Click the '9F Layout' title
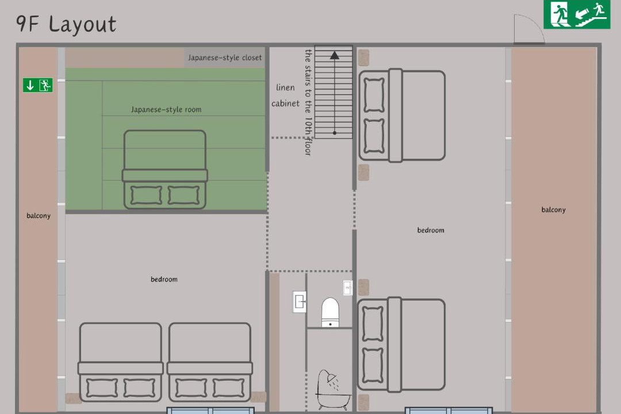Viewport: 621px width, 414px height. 66,24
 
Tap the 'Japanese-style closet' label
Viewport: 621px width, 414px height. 225,58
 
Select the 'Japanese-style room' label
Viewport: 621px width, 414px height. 166,110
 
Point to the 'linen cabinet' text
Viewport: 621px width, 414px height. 285,95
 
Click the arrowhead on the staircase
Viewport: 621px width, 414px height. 335,55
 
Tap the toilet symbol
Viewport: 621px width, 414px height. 330,312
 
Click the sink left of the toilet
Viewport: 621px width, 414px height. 300,302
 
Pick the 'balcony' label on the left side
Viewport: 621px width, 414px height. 39,216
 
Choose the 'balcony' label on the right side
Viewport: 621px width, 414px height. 553,210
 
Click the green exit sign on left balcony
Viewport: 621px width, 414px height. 37,85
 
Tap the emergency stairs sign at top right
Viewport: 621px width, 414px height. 577,14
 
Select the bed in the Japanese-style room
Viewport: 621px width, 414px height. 165,170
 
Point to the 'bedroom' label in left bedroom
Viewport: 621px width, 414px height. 164,279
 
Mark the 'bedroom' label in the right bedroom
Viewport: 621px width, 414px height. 431,230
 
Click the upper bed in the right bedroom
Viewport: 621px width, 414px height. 402,116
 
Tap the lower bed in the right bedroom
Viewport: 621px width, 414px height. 401,344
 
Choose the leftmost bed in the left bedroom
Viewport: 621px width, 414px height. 120,362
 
